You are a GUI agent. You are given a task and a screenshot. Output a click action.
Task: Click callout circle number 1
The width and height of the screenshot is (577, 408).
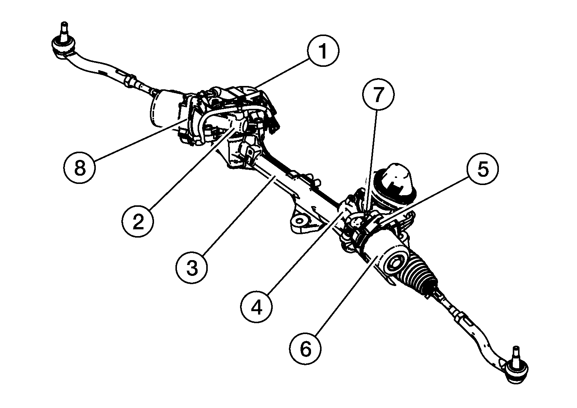[323, 51]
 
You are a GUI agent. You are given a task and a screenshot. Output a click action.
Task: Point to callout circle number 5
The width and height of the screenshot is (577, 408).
[483, 170]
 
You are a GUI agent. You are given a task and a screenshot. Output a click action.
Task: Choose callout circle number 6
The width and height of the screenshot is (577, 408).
[305, 349]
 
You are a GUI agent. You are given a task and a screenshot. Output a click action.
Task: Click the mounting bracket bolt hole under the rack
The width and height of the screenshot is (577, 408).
[300, 221]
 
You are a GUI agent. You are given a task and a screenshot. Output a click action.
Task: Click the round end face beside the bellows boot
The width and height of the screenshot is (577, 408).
[395, 264]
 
